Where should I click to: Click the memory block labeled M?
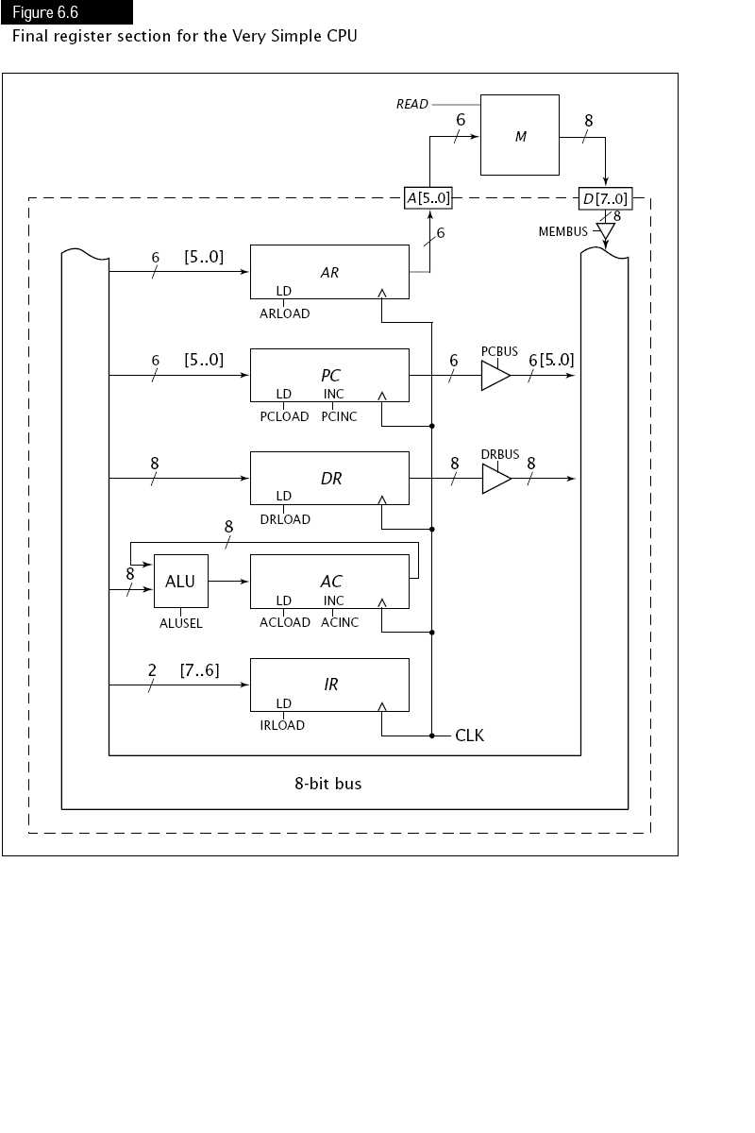point(519,135)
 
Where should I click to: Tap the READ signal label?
point(411,105)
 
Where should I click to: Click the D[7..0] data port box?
point(604,199)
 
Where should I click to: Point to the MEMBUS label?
point(562,231)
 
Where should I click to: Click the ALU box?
point(180,581)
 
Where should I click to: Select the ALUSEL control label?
point(180,623)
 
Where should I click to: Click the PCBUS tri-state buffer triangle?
point(494,376)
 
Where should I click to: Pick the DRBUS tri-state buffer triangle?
point(494,479)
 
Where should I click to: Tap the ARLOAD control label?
point(284,313)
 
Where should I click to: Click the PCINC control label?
point(339,416)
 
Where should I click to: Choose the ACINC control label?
point(340,622)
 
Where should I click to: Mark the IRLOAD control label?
point(282,725)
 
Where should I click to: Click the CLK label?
point(469,735)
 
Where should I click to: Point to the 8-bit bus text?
point(327,784)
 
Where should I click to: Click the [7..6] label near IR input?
point(199,669)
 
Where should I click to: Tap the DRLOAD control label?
point(284,519)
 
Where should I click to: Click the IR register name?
point(330,685)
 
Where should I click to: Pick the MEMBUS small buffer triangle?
point(605,230)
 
